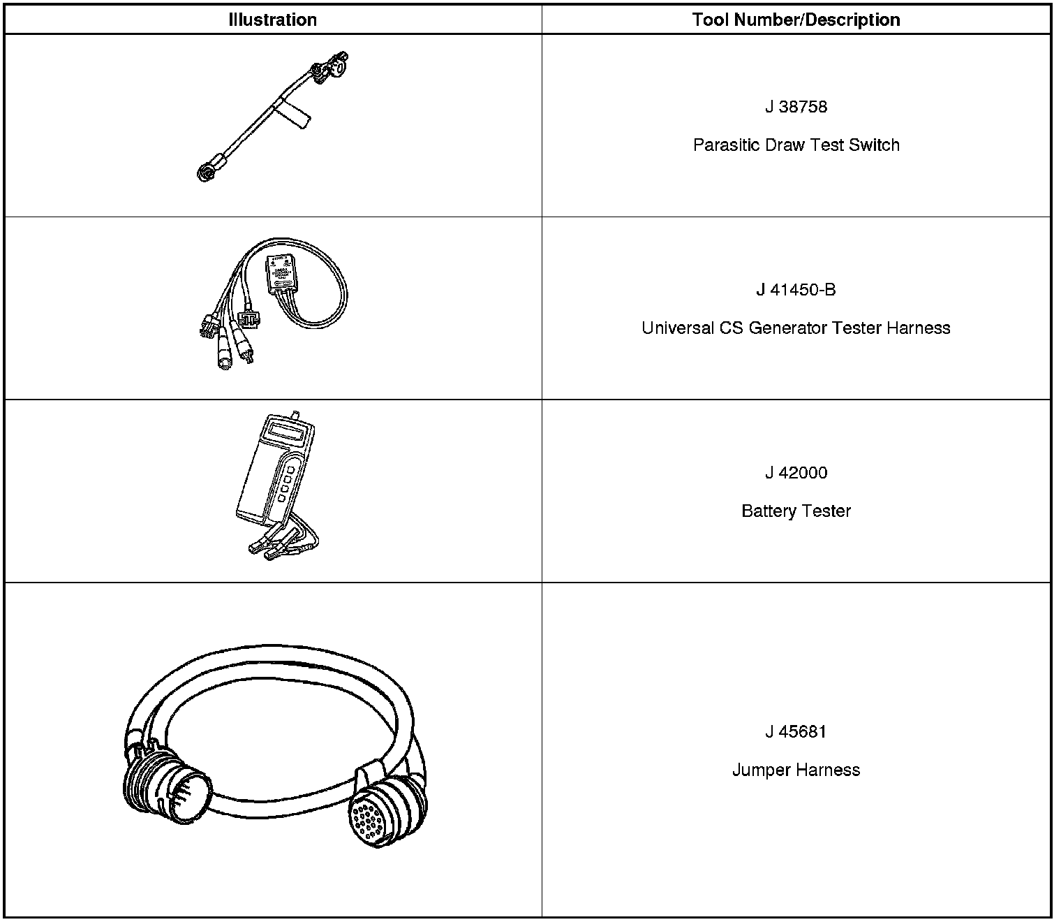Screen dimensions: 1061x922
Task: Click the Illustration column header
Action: pos(272,20)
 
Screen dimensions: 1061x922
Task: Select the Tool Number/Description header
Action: pos(796,20)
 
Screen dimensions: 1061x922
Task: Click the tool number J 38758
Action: pos(796,107)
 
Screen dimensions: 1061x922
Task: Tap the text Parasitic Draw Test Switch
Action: pos(796,145)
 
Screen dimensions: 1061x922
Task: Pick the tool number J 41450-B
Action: pos(796,290)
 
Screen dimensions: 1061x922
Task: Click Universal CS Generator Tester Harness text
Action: pos(796,328)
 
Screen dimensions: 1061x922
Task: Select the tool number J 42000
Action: pos(796,473)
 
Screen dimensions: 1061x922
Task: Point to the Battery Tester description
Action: pos(796,511)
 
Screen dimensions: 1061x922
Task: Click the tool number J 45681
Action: pos(796,732)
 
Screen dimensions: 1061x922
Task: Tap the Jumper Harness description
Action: pos(796,770)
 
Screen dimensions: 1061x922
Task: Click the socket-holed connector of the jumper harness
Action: pos(384,814)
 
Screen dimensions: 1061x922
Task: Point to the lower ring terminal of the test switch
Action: pos(206,172)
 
